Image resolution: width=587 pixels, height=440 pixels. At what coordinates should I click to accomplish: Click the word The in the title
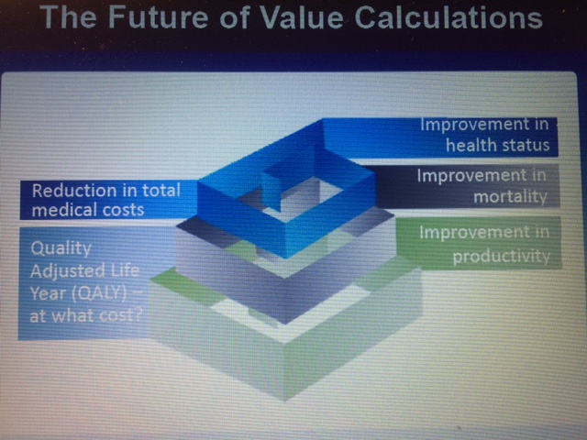(66, 19)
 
